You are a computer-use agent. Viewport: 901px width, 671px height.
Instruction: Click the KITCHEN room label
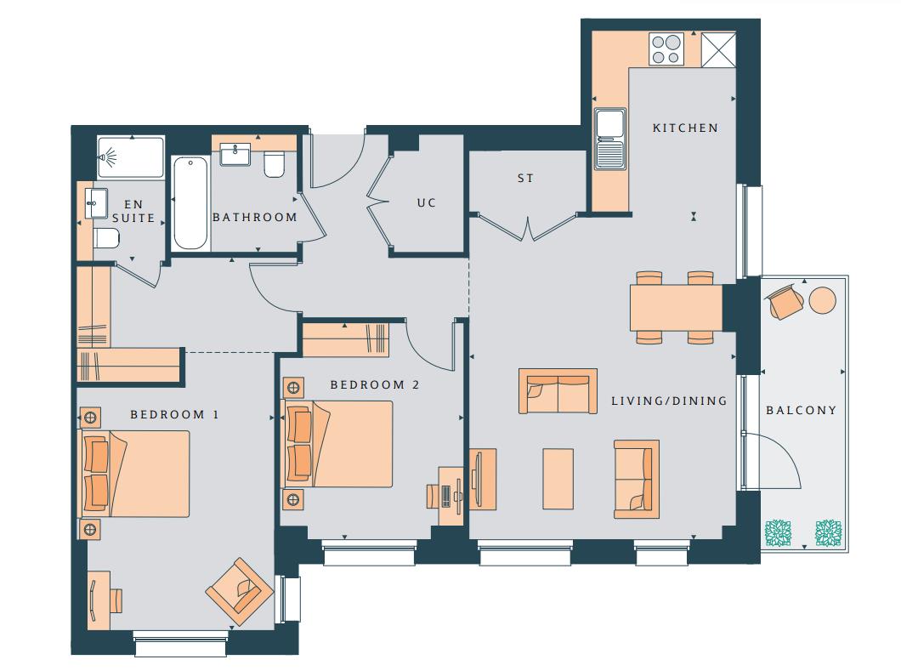(685, 128)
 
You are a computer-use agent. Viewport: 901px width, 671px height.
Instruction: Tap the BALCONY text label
(801, 410)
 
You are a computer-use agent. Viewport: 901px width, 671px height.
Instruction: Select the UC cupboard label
(427, 203)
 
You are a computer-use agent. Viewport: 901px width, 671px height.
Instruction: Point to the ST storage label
(525, 179)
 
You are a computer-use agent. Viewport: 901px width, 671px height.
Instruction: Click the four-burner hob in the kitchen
(666, 48)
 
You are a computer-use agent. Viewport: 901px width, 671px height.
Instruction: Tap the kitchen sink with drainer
(609, 139)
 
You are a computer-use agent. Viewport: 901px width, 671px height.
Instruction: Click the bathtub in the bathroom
(190, 202)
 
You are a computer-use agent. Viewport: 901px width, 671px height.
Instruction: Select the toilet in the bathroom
(274, 164)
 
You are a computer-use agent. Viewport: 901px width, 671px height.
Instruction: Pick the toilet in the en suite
(107, 237)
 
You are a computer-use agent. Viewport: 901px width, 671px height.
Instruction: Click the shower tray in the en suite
(131, 157)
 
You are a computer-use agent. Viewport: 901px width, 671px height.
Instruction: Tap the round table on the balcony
(823, 300)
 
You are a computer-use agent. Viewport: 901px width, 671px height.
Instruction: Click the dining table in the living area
(676, 308)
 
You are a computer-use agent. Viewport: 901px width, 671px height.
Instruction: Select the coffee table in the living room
(558, 479)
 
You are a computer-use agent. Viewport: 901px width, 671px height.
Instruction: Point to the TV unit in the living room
(483, 479)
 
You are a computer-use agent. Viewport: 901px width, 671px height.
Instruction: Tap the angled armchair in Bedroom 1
(240, 592)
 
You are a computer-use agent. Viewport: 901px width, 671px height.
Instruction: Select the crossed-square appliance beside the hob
(718, 49)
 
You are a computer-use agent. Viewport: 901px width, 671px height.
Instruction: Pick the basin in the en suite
(97, 203)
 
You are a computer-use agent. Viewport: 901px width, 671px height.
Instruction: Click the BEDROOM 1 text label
(175, 414)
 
